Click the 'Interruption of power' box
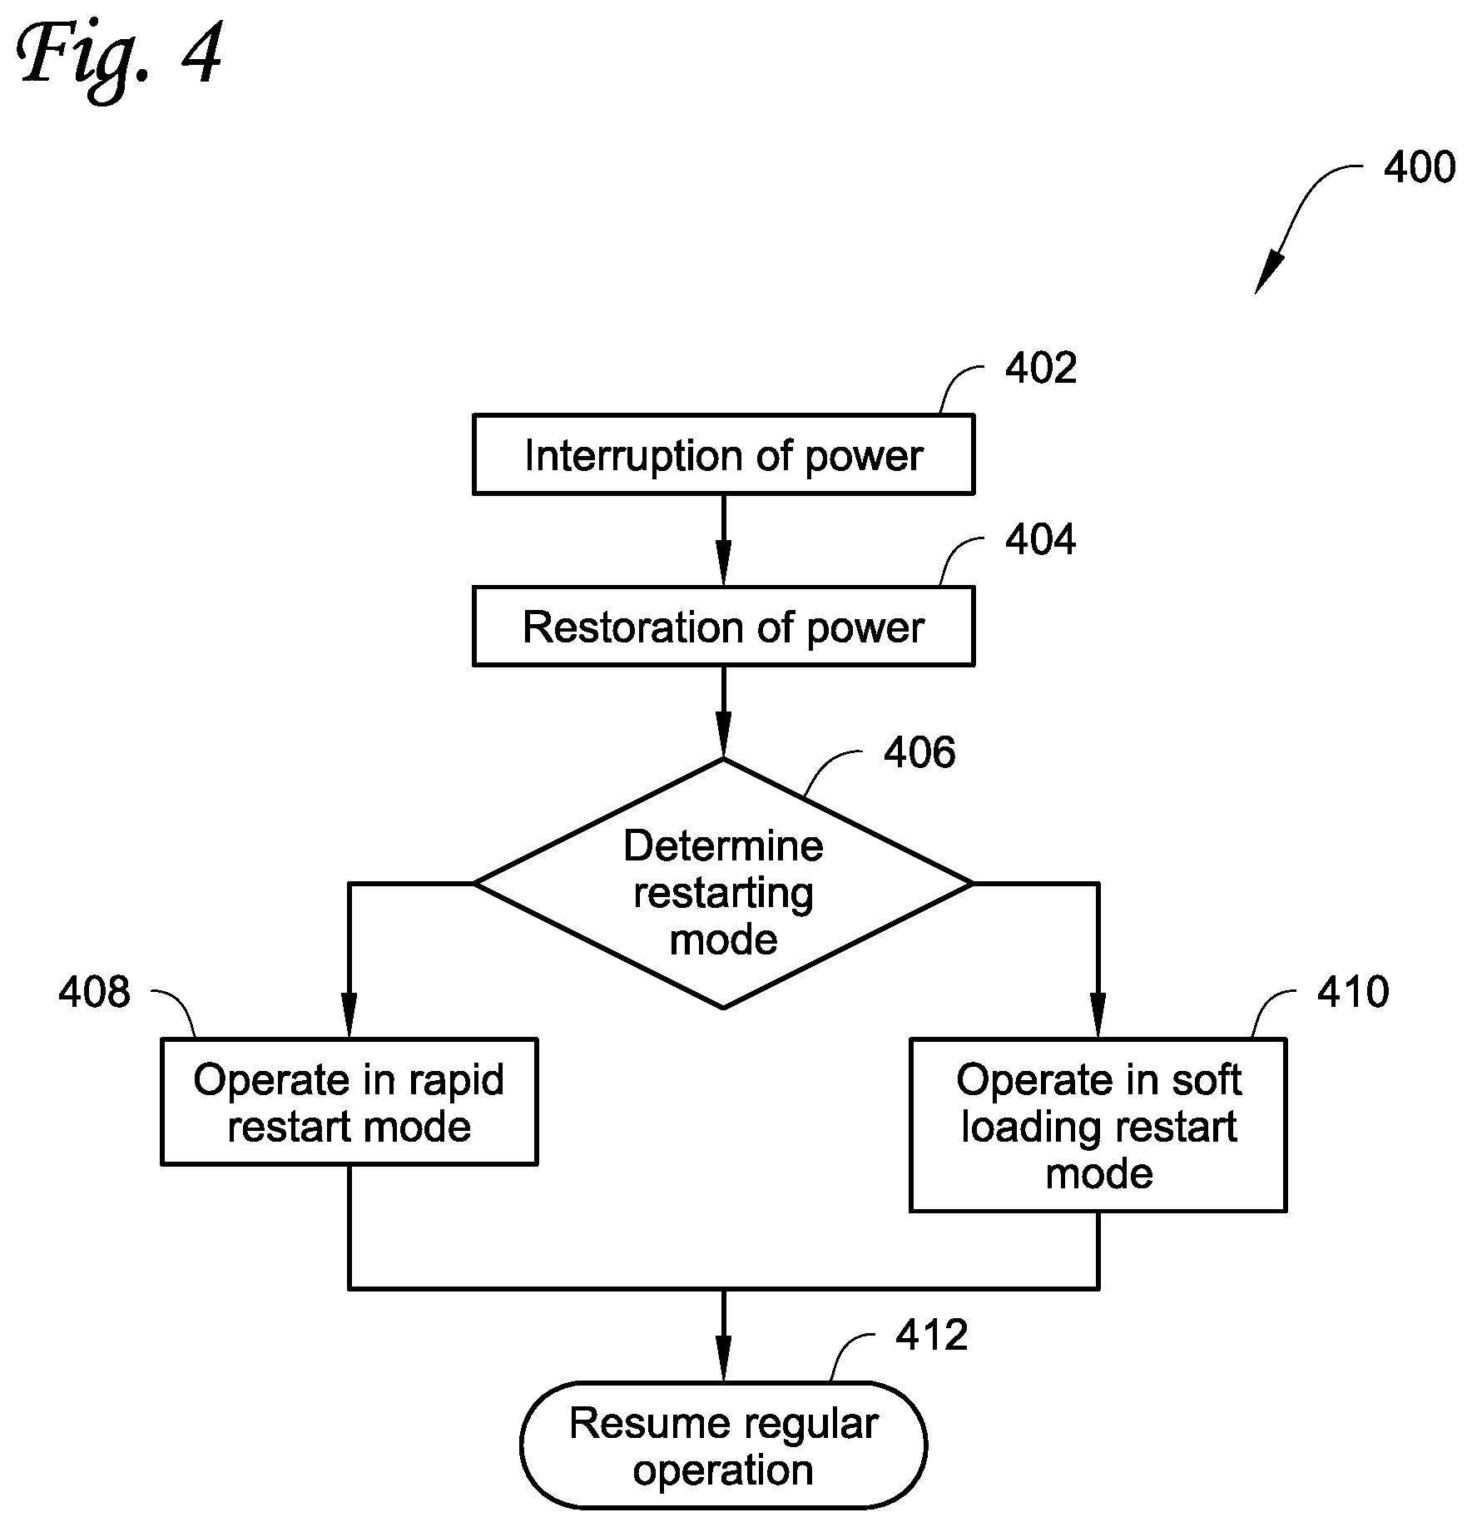click(723, 454)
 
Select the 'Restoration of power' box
click(723, 626)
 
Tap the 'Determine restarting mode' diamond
click(723, 884)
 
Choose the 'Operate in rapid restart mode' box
click(349, 1101)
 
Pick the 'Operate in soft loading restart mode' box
click(1098, 1124)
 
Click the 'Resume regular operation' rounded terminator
click(723, 1445)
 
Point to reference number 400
click(1420, 167)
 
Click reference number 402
click(1041, 368)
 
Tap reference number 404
click(1041, 539)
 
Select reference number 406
click(919, 752)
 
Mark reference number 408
click(94, 992)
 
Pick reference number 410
click(1353, 992)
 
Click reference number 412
click(932, 1335)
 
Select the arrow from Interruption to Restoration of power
click(723, 540)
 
